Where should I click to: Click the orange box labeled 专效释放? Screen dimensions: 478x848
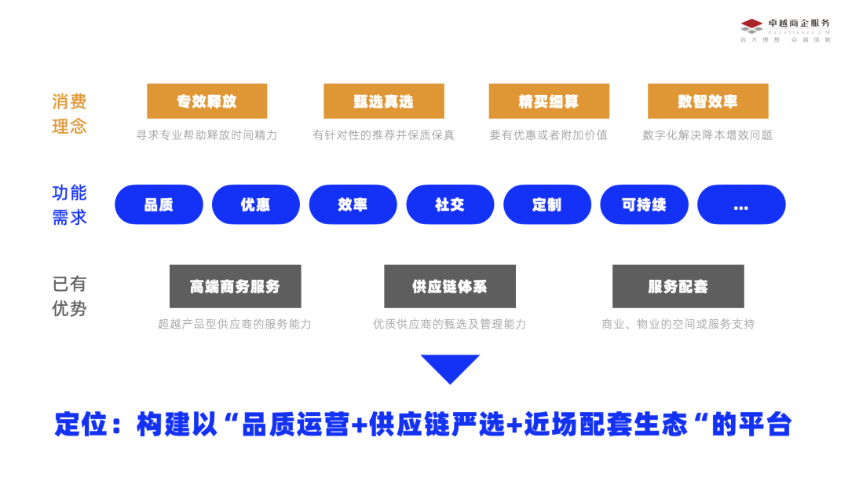(x=207, y=101)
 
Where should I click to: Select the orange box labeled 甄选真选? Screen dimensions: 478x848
(x=383, y=101)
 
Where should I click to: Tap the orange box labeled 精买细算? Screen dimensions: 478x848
(x=548, y=101)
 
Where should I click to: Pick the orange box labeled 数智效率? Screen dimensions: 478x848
(x=707, y=101)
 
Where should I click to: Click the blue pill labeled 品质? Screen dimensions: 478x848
(x=159, y=204)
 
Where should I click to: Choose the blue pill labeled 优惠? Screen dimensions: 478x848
(x=256, y=204)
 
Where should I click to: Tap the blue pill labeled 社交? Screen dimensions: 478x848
(x=450, y=204)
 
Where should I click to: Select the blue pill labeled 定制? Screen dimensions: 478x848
(x=546, y=204)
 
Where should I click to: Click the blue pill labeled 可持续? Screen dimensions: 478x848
(x=644, y=204)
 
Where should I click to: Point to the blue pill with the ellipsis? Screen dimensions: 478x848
(x=741, y=204)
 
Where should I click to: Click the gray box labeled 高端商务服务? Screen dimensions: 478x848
(x=235, y=286)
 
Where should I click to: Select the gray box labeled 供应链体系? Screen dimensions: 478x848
(x=450, y=286)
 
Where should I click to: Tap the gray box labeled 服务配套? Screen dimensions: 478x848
(x=678, y=286)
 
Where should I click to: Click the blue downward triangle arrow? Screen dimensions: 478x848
(x=450, y=367)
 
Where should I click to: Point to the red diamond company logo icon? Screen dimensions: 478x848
(x=751, y=25)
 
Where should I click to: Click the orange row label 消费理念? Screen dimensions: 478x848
(x=69, y=114)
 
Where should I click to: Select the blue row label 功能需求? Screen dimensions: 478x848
(x=69, y=205)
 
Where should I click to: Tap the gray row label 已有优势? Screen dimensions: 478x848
(x=69, y=296)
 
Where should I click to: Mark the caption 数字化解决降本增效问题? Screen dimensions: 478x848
(x=707, y=135)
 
